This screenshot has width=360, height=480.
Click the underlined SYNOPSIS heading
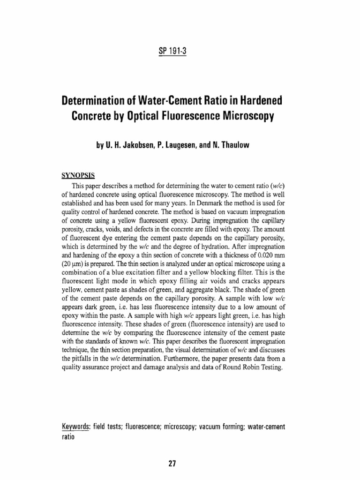pos(78,176)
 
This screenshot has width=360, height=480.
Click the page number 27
pos(172,464)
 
